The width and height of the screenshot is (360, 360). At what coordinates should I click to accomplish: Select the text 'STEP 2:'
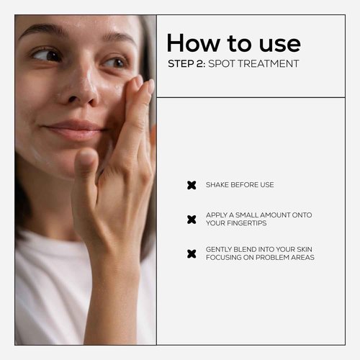[186, 63]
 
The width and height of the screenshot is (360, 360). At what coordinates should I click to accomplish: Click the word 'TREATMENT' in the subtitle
[269, 63]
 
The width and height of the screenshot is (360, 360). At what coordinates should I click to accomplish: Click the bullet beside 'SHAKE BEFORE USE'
[192, 185]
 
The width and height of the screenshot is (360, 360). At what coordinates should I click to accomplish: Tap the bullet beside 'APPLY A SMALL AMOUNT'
[192, 219]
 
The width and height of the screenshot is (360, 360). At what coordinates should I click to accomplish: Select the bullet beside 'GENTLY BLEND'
[192, 253]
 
